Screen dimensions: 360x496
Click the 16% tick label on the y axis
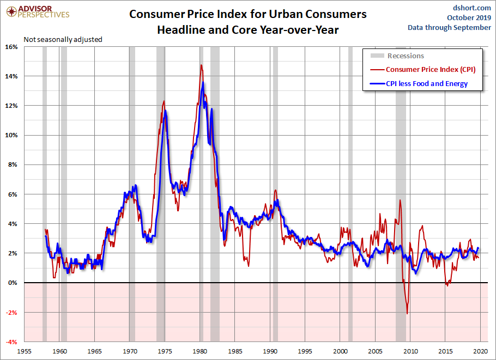pos(12,47)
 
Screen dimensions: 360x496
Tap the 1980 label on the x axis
pos(200,351)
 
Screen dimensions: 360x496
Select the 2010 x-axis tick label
pos(410,351)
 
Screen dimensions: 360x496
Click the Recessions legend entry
pos(406,56)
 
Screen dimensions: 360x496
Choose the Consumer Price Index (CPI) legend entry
pos(431,69)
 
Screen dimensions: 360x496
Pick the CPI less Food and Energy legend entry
pos(427,84)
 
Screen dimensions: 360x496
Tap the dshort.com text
pos(472,8)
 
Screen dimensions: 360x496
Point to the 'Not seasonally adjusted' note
pos(63,39)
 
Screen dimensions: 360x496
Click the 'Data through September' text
pos(449,28)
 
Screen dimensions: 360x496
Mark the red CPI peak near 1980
pos(201,65)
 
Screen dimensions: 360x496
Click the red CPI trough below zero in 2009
pos(407,313)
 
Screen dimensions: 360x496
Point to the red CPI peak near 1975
pos(164,101)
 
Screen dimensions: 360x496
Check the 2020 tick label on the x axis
pos(480,351)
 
